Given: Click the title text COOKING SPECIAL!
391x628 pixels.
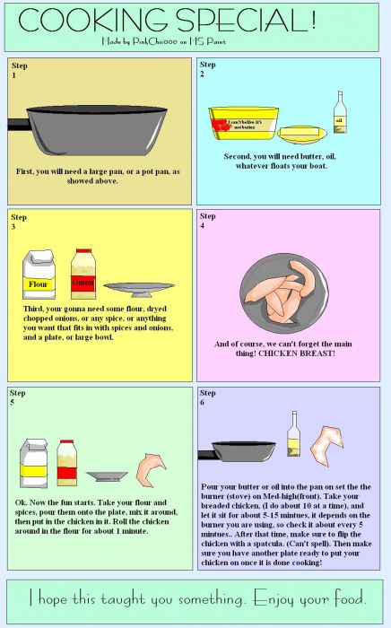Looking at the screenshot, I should [166, 20].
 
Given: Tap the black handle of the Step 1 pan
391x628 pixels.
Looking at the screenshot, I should [20, 122].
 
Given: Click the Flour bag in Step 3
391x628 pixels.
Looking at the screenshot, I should [39, 276].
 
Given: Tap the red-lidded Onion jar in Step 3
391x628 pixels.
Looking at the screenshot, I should [83, 275].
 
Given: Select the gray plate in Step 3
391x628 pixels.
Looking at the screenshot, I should [139, 289].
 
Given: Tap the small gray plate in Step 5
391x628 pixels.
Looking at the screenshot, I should [106, 476].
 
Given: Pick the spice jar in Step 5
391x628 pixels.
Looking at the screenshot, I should [65, 463].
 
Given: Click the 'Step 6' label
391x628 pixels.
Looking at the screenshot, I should [207, 398].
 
